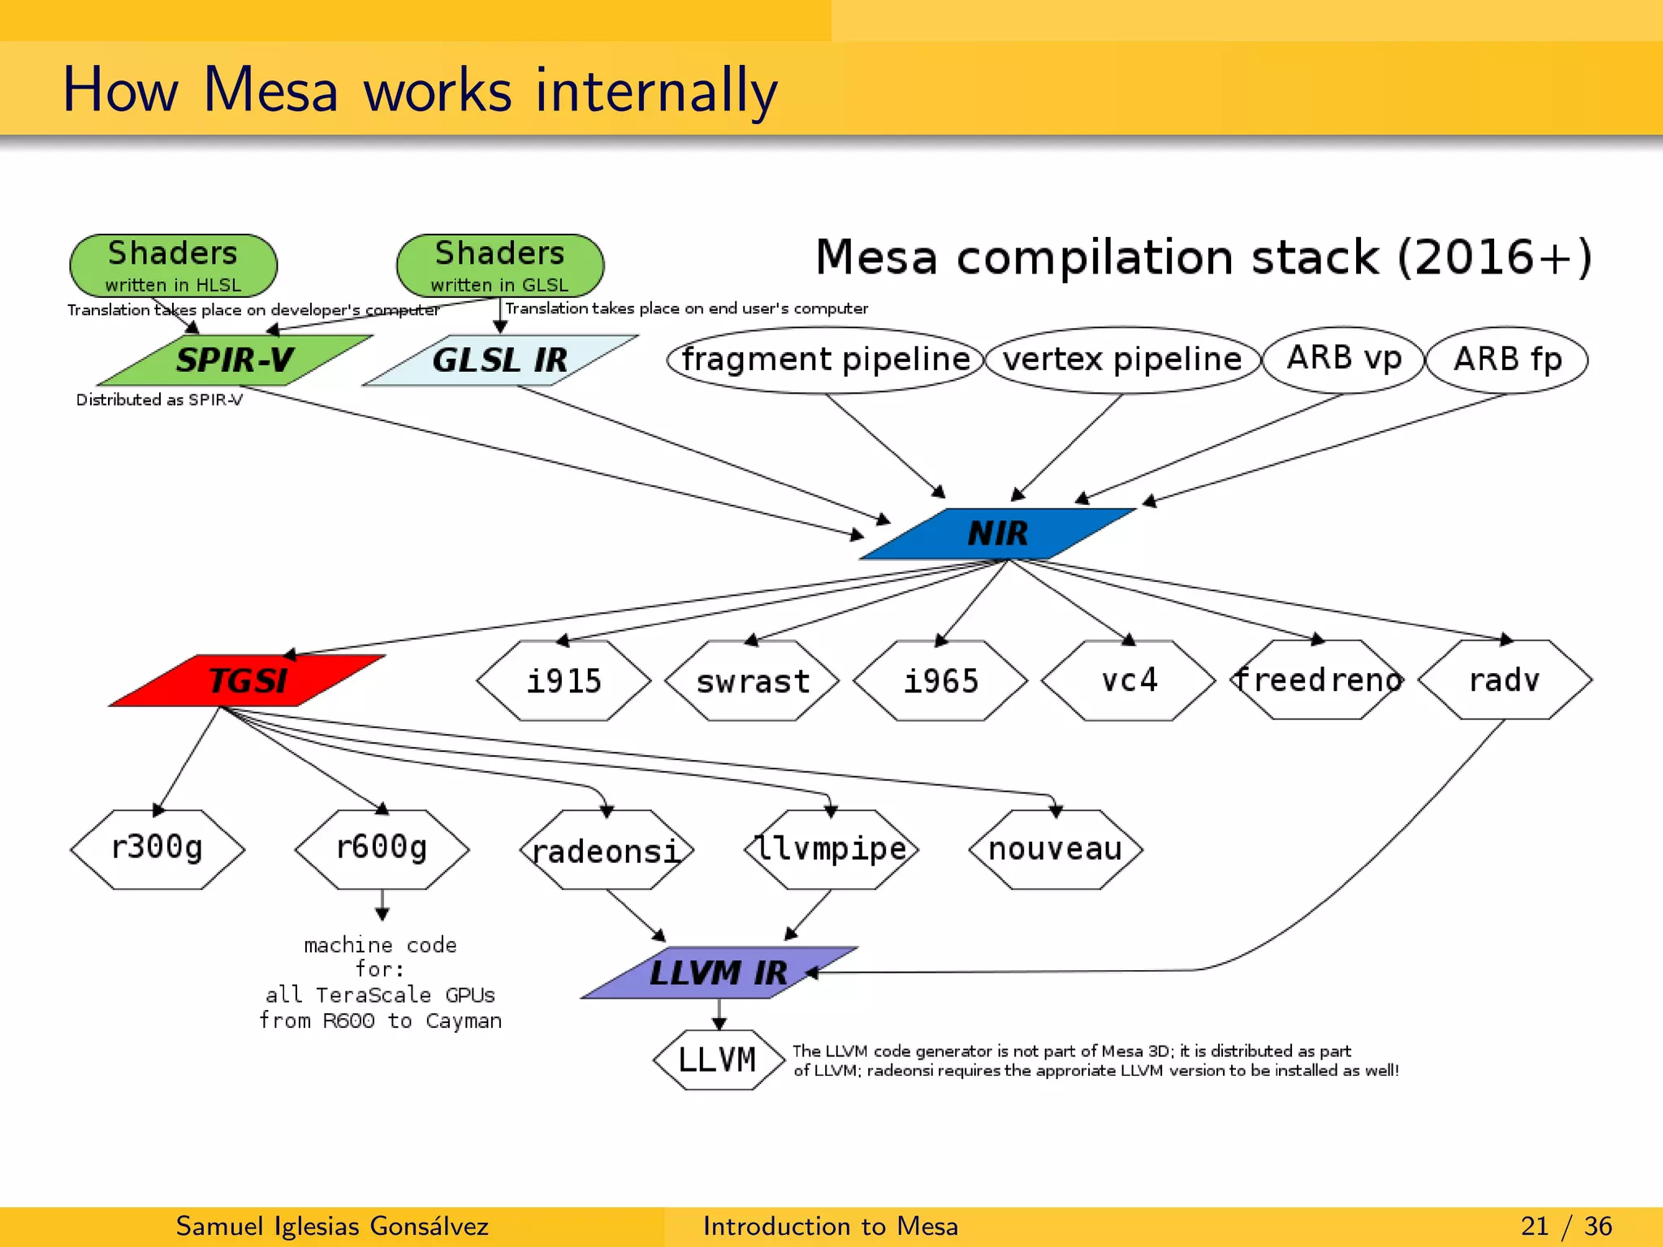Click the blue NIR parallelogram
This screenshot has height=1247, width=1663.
click(x=997, y=533)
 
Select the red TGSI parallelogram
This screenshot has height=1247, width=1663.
click(x=248, y=680)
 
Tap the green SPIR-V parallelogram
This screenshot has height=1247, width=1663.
click(x=235, y=360)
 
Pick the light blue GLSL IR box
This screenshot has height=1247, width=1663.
click(x=499, y=360)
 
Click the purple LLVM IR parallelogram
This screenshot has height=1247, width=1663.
click(x=719, y=972)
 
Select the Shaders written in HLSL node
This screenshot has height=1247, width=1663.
click(x=173, y=265)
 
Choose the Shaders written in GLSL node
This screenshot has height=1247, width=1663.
click(x=499, y=265)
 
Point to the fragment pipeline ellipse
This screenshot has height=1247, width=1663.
click(x=825, y=360)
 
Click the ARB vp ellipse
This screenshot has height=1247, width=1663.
click(x=1344, y=358)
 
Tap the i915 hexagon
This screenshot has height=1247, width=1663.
click(x=564, y=680)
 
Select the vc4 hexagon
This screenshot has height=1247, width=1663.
click(x=1129, y=680)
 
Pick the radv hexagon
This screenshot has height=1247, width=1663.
click(x=1505, y=680)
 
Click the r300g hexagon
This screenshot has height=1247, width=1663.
click(x=157, y=848)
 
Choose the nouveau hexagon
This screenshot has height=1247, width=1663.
click(x=1055, y=848)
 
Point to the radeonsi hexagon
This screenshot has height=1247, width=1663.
click(x=606, y=850)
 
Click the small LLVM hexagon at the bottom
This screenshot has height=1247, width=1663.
click(x=718, y=1059)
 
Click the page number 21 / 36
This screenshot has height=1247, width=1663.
click(x=1566, y=1226)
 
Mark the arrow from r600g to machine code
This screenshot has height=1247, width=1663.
click(x=382, y=904)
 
